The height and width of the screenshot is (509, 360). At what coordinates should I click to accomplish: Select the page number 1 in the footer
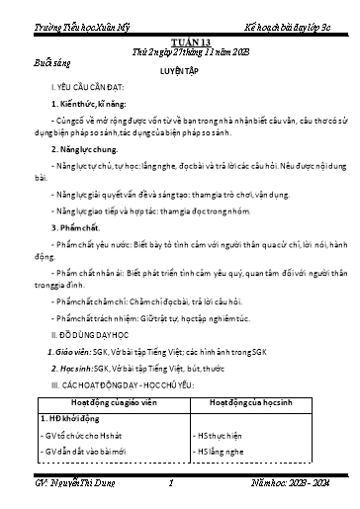(171, 485)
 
